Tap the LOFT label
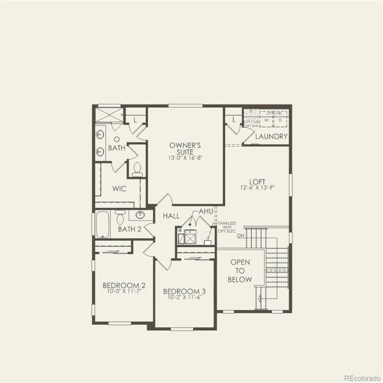(257, 181)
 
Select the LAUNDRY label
(271, 137)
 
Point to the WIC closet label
(119, 189)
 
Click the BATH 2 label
(129, 229)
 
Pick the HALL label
(171, 216)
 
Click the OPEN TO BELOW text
(240, 271)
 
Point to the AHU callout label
(205, 212)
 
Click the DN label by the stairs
(241, 236)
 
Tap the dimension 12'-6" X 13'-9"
(257, 188)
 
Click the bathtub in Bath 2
(102, 225)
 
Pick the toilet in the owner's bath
(137, 169)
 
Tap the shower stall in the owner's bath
(109, 115)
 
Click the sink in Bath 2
(141, 215)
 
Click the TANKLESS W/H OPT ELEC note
(227, 227)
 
